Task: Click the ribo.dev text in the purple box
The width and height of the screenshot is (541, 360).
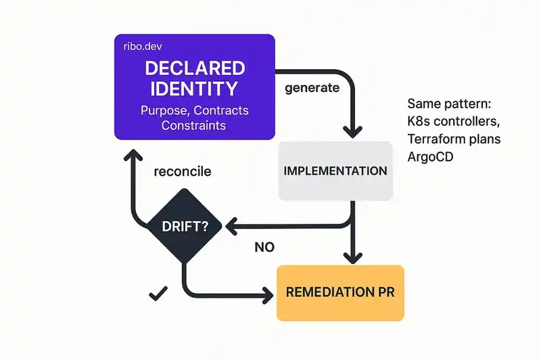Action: pos(143,47)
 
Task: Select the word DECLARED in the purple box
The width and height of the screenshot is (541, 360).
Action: pos(194,69)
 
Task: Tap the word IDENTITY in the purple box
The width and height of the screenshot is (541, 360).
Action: pos(194,89)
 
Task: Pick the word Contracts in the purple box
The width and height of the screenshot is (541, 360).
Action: pos(221,110)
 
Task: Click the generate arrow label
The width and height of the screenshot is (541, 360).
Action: pos(312,88)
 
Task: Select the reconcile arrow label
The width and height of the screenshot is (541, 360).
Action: pos(183,171)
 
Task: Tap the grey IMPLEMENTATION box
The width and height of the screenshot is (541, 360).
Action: pos(335,171)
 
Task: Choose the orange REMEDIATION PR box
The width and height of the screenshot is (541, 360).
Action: pos(340,293)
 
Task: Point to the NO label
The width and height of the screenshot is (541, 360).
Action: pos(264,247)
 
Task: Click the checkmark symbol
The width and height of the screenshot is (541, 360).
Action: pos(158,294)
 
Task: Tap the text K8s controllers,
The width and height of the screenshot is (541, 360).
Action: pos(452,122)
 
